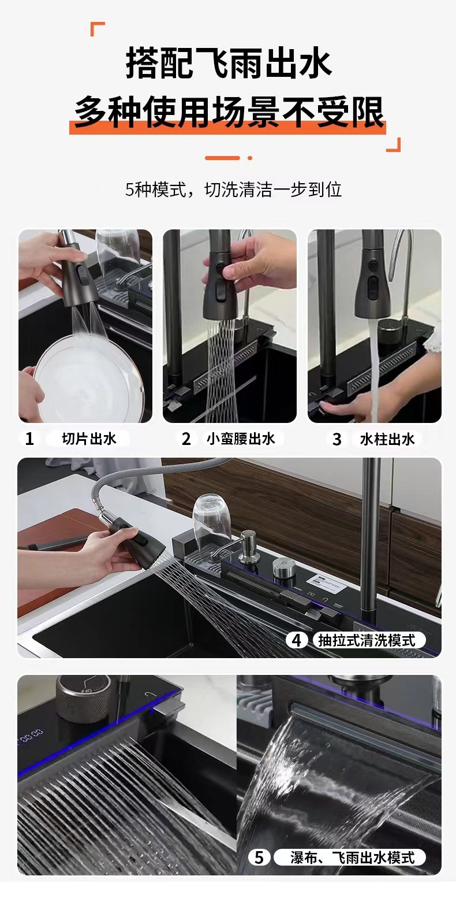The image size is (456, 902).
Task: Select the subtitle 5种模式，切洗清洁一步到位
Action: click(233, 190)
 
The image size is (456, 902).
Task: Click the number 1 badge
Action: click(29, 439)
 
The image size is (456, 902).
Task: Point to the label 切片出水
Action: click(89, 439)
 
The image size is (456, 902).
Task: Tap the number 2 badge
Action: click(186, 439)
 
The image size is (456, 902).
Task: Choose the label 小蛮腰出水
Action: click(241, 439)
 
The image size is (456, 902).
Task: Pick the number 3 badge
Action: click(337, 439)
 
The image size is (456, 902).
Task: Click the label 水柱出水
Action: click(387, 439)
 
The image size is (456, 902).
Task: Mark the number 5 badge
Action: click(259, 858)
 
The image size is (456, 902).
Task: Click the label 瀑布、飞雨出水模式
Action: click(352, 858)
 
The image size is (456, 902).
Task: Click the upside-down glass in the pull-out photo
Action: click(211, 519)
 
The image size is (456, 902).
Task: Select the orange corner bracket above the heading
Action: click(98, 29)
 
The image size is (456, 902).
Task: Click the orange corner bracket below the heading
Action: click(394, 145)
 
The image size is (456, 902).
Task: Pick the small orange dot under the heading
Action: click(250, 158)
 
